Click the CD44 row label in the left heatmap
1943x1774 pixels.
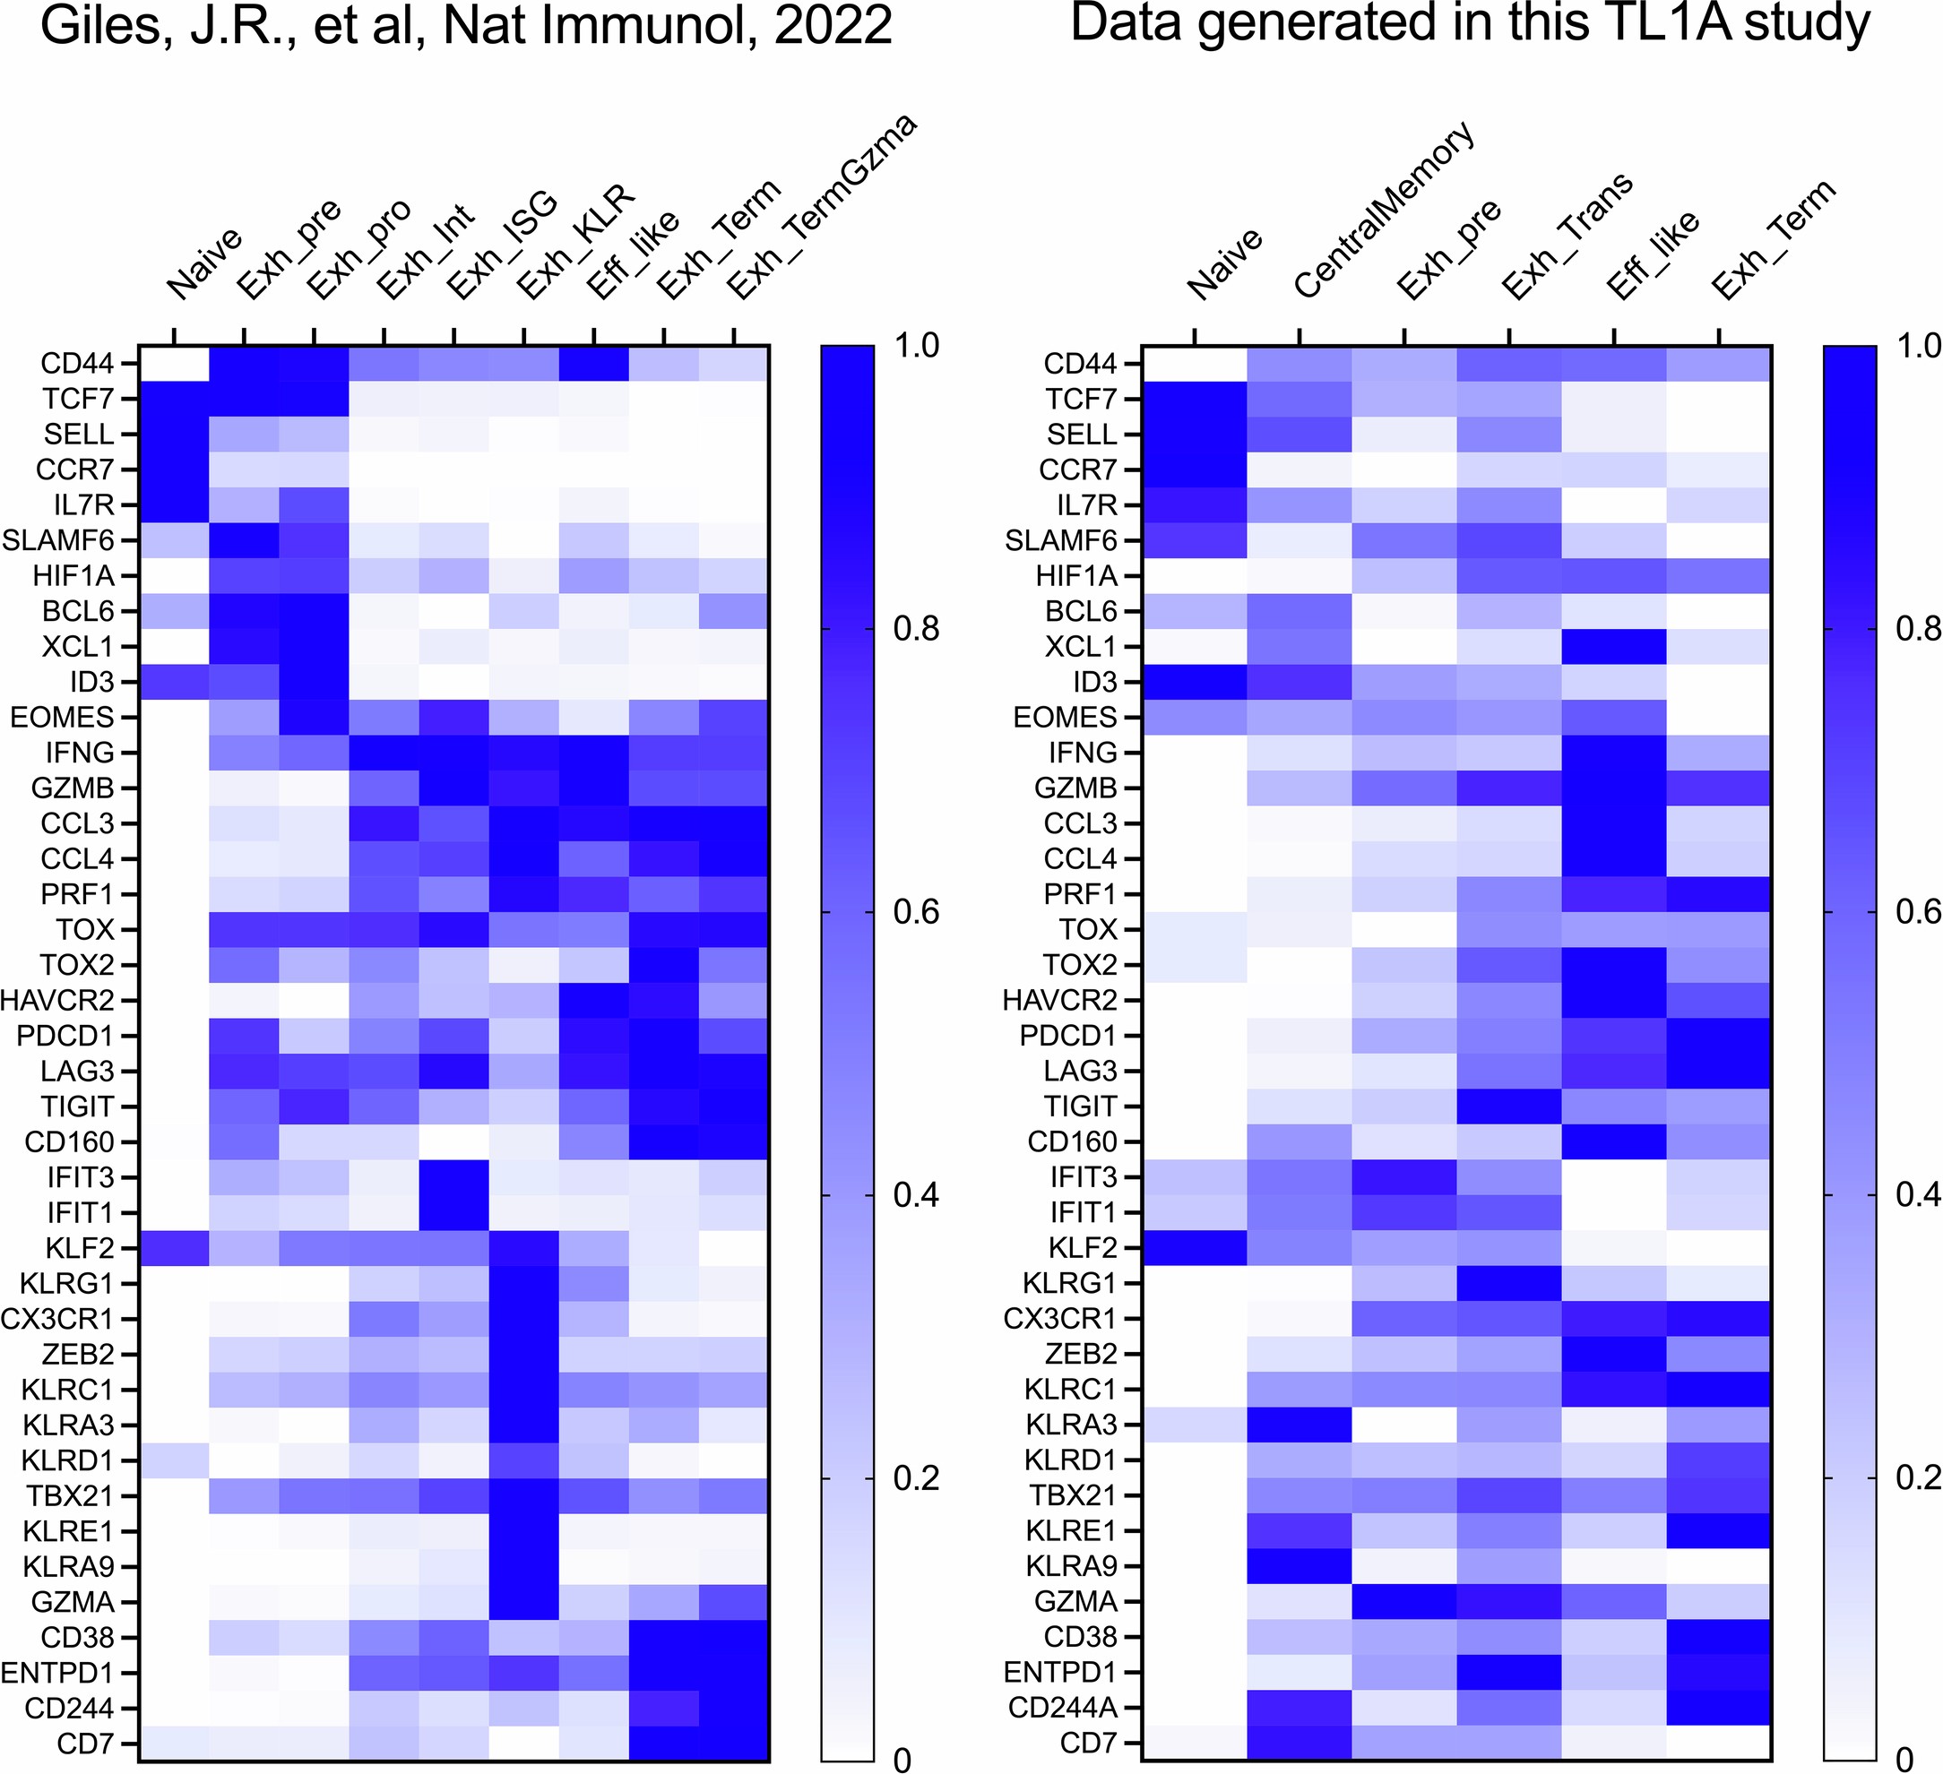(x=76, y=365)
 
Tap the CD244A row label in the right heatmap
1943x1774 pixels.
(x=1062, y=1709)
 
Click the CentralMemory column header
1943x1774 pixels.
(x=1383, y=210)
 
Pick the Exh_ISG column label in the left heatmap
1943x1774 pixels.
(x=502, y=245)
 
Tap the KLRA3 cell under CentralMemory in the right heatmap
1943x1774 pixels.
(x=1300, y=1425)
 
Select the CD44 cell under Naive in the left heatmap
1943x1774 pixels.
(x=175, y=365)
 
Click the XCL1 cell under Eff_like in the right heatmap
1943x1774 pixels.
(x=1614, y=647)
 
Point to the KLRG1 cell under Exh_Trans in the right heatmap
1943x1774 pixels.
(x=1509, y=1282)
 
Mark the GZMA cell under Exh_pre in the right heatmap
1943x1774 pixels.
(x=1404, y=1601)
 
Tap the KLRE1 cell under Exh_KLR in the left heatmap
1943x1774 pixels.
(x=523, y=1531)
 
